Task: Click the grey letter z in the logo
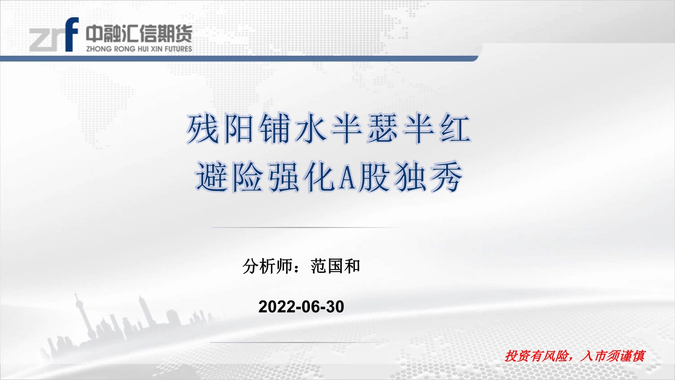[x=38, y=40]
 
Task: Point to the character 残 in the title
[x=202, y=129]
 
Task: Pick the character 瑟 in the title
[x=382, y=129]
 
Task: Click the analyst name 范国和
[x=335, y=266]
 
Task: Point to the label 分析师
[x=267, y=266]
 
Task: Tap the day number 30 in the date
[x=335, y=307]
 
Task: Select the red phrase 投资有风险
[x=536, y=356]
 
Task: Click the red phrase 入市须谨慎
[x=613, y=356]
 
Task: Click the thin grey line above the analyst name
[x=304, y=227]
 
